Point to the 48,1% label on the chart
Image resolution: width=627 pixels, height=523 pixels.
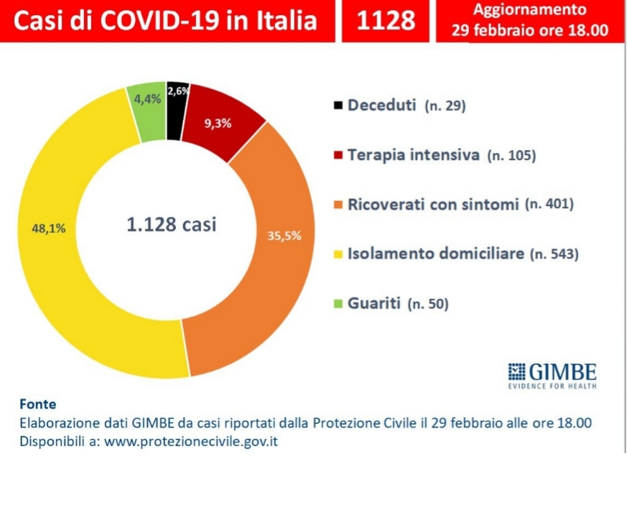point(50,228)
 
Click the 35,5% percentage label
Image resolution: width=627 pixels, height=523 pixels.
point(284,235)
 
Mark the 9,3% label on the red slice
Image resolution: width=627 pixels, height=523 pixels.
point(218,123)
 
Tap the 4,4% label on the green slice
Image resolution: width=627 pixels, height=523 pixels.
point(144,100)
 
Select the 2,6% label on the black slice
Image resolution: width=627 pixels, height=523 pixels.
point(178,91)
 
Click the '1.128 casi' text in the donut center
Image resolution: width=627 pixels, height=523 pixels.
point(171,224)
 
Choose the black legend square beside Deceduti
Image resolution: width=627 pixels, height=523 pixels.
point(337,106)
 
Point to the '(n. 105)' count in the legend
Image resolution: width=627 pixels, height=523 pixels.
point(511,155)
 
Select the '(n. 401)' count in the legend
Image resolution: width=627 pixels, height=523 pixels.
point(549,205)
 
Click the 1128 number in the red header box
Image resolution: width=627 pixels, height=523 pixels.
point(386,20)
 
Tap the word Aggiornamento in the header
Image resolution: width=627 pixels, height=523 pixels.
point(529,11)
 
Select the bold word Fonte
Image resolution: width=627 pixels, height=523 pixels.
point(38,404)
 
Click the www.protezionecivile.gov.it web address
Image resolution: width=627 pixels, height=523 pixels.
point(191,441)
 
